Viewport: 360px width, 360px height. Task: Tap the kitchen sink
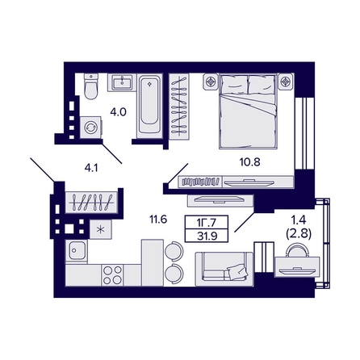[x=77, y=251]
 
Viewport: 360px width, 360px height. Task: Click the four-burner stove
[x=112, y=274]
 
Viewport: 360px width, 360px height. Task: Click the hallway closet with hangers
[x=90, y=202]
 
